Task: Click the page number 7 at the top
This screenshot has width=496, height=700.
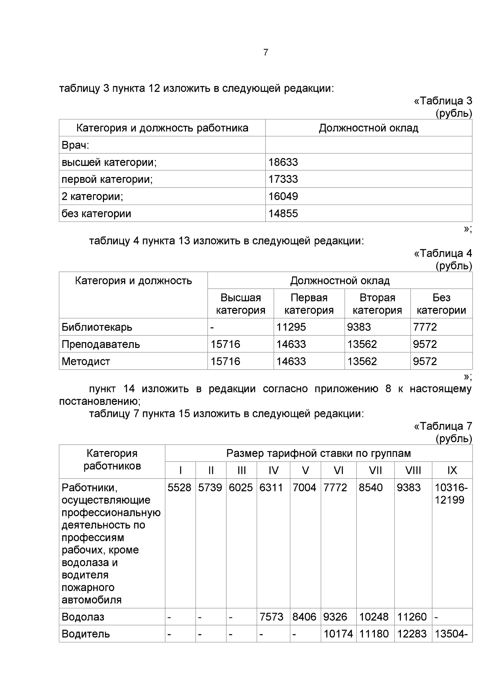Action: tap(265, 52)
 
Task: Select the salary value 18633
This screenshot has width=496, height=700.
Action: tap(283, 162)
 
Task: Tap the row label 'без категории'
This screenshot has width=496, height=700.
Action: tap(96, 214)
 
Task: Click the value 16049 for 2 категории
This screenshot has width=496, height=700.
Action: tap(283, 196)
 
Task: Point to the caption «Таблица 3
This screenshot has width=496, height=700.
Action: tap(443, 101)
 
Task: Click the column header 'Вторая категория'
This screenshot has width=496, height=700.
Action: tap(377, 304)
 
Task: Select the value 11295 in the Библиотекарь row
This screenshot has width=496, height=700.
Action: tap(291, 327)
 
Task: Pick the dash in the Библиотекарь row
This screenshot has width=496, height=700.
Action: tap(212, 327)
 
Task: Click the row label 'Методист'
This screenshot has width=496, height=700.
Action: tap(86, 362)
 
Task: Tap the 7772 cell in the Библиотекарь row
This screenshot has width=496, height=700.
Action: tap(425, 327)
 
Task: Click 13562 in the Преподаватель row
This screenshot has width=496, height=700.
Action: tap(362, 344)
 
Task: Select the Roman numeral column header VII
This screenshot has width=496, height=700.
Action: tap(375, 471)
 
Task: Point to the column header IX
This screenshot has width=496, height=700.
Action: tap(452, 471)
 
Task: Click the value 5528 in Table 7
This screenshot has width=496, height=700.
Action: tap(179, 488)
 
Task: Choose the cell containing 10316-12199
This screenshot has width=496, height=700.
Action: tap(451, 494)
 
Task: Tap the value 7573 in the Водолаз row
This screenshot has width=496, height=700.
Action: tap(271, 617)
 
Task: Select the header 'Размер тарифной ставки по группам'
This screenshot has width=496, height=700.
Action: tap(318, 454)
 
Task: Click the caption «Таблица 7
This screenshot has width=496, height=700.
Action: tap(443, 426)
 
